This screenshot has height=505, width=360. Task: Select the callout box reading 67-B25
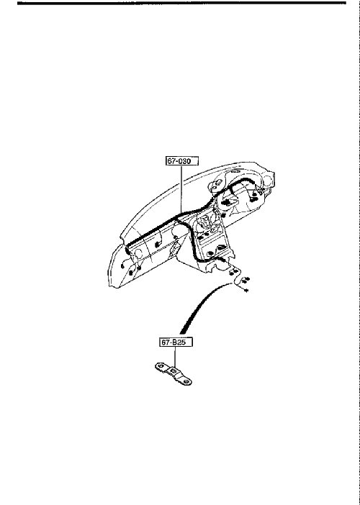(x=176, y=342)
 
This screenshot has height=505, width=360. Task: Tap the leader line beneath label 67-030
(x=181, y=189)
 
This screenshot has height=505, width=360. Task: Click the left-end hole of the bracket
(x=160, y=365)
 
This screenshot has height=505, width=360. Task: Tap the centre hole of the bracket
(x=174, y=371)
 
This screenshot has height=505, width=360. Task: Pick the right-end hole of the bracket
(x=186, y=382)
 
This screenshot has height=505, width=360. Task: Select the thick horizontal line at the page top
(x=181, y=3)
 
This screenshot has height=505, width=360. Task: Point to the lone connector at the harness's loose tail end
(x=246, y=291)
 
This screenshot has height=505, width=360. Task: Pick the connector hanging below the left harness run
(x=158, y=244)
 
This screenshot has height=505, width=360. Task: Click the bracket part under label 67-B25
(x=173, y=373)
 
